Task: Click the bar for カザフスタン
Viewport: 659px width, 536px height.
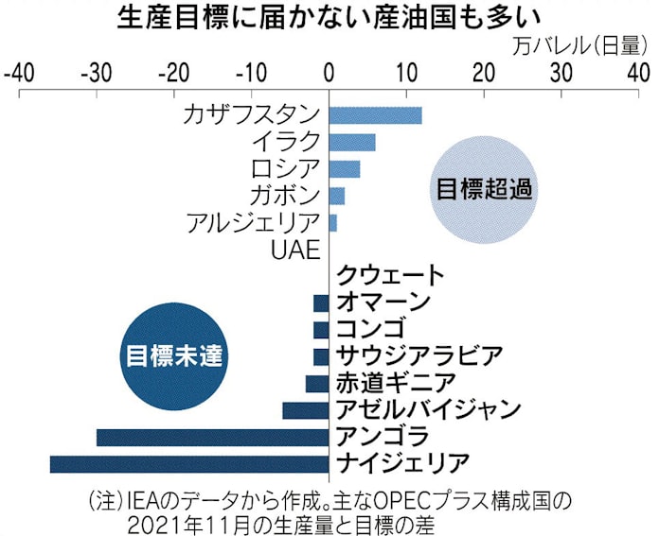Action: pyautogui.click(x=375, y=115)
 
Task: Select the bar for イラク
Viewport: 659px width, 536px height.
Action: pyautogui.click(x=351, y=142)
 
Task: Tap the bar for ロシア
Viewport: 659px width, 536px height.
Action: pyautogui.click(x=344, y=169)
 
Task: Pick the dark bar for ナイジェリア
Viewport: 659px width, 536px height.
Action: pyautogui.click(x=188, y=463)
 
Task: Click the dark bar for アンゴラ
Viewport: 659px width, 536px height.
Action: pyautogui.click(x=212, y=437)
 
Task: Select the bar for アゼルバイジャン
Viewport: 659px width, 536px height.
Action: pyautogui.click(x=305, y=410)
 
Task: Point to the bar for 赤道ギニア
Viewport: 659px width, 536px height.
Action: pyautogui.click(x=316, y=383)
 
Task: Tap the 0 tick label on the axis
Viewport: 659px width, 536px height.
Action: pyautogui.click(x=329, y=72)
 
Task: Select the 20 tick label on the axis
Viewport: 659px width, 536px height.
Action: pyautogui.click(x=483, y=72)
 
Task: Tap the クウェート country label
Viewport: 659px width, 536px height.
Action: pyautogui.click(x=389, y=276)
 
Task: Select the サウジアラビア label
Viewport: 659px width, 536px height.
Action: pyautogui.click(x=419, y=356)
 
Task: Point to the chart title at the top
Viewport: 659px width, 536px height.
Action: pyautogui.click(x=329, y=17)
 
